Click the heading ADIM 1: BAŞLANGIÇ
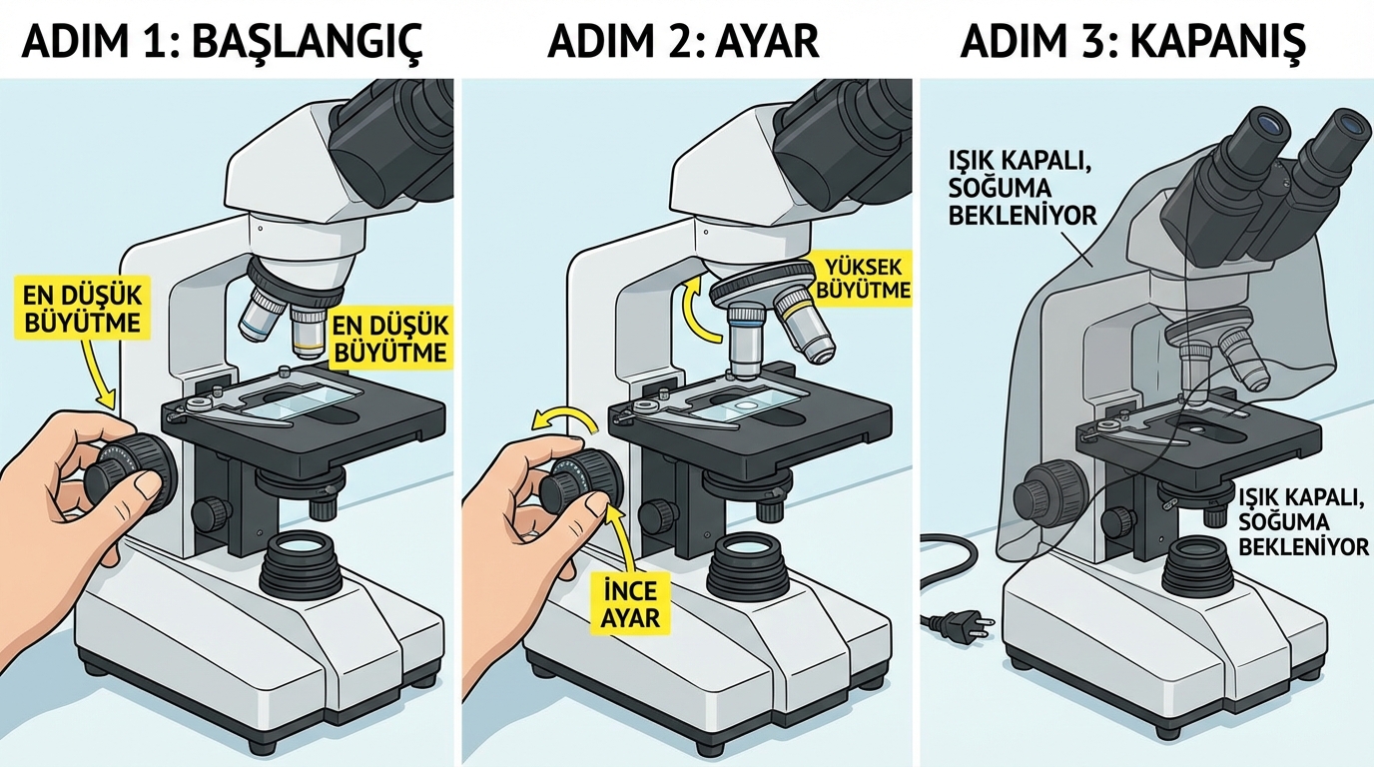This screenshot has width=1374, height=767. pos(222,41)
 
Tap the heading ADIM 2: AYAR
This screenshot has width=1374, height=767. pos(683,41)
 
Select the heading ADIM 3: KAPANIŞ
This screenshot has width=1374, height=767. pos(1133,41)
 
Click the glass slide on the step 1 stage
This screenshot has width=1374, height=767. pos(305,401)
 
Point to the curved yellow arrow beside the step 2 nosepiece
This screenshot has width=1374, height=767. pos(699,310)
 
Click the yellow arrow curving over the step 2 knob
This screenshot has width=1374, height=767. pos(564,420)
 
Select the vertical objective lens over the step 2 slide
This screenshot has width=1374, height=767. pos(745,342)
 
